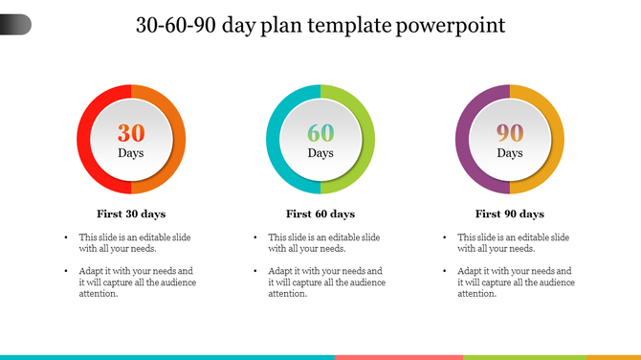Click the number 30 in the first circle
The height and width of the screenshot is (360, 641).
[131, 133]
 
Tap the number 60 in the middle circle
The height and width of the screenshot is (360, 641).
[320, 133]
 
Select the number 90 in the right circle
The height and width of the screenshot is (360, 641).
[510, 133]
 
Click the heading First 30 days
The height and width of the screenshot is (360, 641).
[131, 214]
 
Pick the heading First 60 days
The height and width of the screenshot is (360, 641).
[320, 214]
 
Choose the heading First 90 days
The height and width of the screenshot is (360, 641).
[510, 214]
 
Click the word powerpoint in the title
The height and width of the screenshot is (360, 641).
[449, 25]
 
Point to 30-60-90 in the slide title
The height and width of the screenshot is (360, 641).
[175, 25]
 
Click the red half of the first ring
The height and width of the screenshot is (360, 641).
[84, 140]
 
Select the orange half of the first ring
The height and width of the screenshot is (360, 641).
[178, 140]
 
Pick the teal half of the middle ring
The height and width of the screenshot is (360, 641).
[274, 140]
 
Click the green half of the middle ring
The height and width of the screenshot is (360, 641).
[367, 140]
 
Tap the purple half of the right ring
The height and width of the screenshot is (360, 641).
[463, 140]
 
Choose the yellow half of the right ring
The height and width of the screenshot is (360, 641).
[557, 140]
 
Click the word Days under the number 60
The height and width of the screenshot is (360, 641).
[320, 153]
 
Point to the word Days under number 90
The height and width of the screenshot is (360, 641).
[510, 153]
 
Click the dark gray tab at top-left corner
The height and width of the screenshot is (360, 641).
[14, 24]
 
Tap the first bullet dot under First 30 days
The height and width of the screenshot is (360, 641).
[66, 236]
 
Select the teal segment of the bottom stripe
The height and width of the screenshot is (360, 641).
[167, 356]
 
